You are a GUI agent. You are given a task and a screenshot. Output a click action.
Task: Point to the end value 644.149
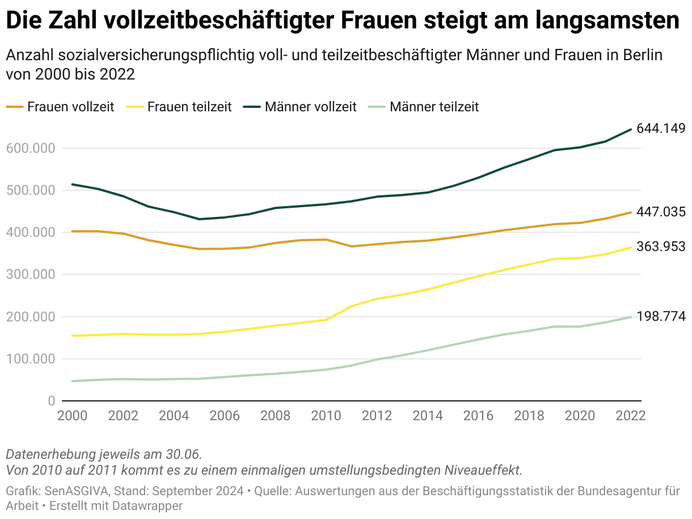click(661, 128)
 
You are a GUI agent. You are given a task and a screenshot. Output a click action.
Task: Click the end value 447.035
click(661, 212)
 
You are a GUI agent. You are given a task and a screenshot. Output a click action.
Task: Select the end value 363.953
click(661, 247)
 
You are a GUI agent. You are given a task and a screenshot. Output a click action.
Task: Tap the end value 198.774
click(661, 316)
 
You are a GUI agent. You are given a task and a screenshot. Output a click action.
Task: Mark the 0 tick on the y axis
click(52, 401)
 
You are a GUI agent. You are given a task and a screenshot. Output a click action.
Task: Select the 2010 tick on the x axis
click(327, 415)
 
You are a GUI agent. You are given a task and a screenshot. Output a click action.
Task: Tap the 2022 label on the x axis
click(631, 415)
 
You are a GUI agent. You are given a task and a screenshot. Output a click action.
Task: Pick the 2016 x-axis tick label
click(479, 415)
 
